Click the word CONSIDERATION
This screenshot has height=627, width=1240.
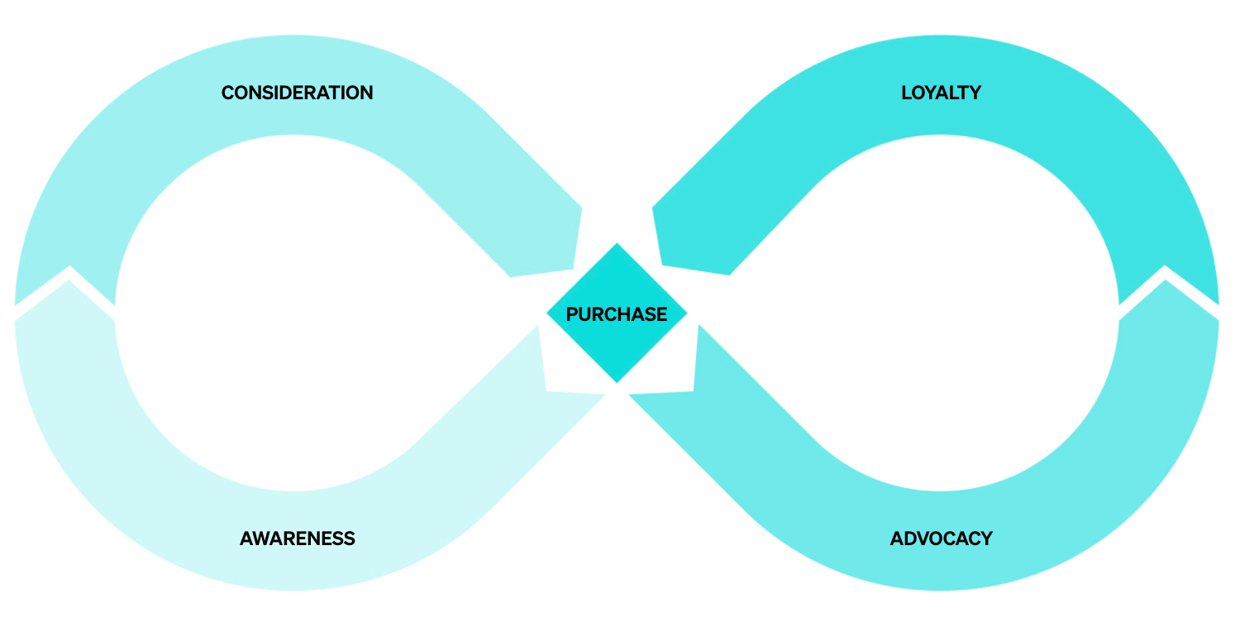click(297, 93)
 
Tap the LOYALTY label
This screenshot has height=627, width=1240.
click(941, 93)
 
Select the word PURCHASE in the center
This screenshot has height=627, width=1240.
click(616, 314)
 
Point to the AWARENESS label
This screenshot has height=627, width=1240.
click(297, 538)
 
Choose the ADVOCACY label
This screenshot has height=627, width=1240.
click(941, 538)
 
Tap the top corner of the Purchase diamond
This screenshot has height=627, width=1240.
click(617, 245)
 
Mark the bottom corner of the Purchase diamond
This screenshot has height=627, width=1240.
click(617, 381)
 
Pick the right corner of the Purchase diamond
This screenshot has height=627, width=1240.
click(685, 313)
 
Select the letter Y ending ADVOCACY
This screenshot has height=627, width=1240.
click(985, 538)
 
